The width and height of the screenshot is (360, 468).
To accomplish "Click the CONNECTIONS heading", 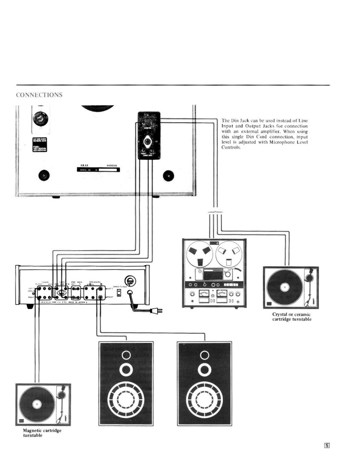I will [39, 95].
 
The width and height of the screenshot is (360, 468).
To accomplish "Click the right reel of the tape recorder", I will [228, 252].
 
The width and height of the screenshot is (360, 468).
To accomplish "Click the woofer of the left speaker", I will [126, 400].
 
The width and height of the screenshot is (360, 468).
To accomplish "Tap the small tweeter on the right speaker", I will [204, 355].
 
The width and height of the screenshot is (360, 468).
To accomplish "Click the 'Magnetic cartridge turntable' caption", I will [42, 433].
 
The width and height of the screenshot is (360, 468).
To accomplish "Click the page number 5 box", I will [327, 445].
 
